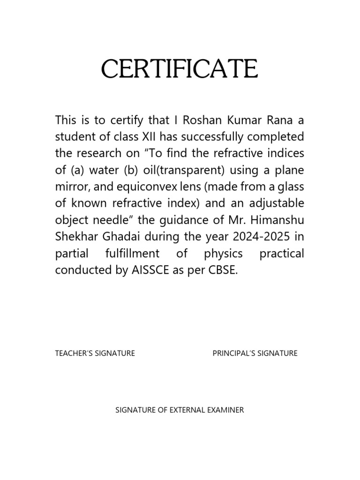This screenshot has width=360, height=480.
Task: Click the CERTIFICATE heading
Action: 180,70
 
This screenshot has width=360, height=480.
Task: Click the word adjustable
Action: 276,204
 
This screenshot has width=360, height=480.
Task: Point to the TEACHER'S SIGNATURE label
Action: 95,353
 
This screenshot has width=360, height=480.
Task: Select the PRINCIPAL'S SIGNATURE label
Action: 255,353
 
